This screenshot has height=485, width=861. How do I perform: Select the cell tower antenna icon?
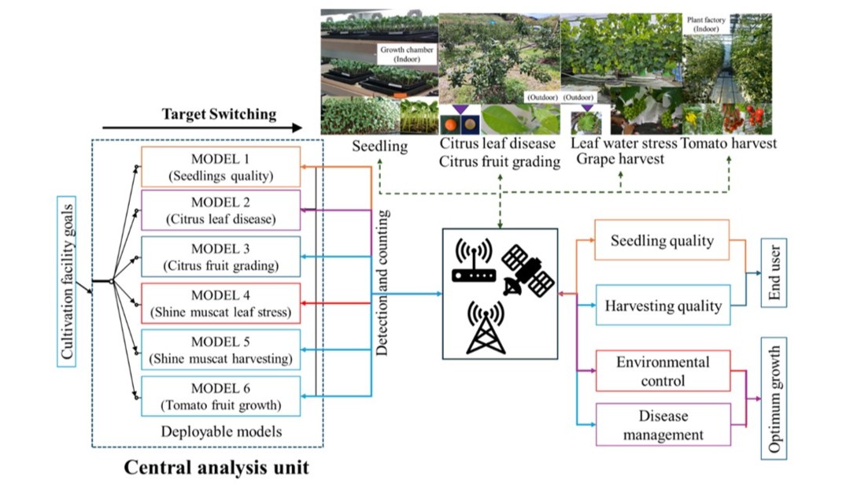(486, 327)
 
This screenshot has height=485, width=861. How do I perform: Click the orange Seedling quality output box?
(662, 242)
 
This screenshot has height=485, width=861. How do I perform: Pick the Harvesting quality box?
(662, 305)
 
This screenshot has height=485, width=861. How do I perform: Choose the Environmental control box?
(662, 371)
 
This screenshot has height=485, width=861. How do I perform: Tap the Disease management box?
(662, 424)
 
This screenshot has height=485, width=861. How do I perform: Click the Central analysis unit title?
(216, 467)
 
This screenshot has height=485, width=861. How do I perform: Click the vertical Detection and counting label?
(382, 283)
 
